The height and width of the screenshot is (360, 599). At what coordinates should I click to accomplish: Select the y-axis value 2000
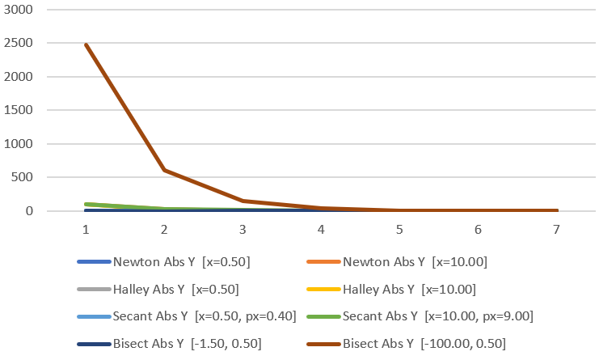pos(20,77)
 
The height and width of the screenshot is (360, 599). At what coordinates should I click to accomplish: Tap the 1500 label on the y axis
pos(20,110)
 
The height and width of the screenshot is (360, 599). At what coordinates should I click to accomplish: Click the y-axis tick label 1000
pos(20,144)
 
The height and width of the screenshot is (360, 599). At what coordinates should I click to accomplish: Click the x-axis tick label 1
pos(86,230)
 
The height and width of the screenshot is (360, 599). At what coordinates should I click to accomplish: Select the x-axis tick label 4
pos(321,230)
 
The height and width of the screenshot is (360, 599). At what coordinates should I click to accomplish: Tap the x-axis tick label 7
pos(557,230)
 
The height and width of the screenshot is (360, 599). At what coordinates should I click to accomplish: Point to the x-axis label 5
pos(399,230)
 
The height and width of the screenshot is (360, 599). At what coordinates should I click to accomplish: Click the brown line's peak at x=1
pos(86,44)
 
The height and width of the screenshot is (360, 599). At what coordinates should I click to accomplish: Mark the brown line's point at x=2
pos(164,170)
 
